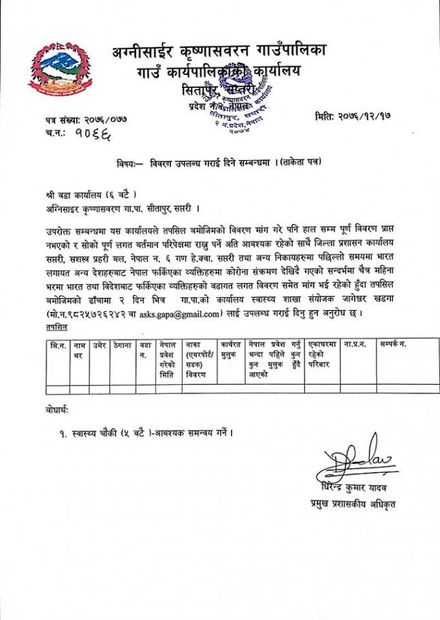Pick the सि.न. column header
point(58,345)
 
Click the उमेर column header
point(99,345)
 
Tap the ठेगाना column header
point(123,345)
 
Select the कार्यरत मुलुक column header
point(231,350)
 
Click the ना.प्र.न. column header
point(355,345)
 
